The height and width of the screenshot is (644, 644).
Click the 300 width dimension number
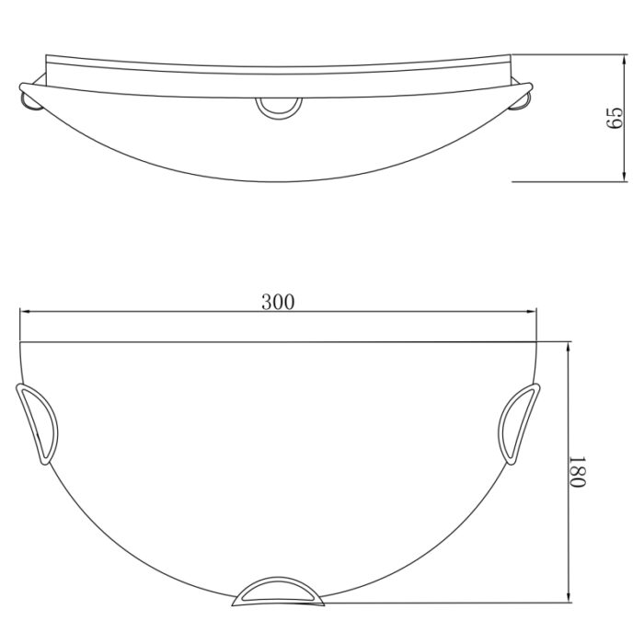point(278,302)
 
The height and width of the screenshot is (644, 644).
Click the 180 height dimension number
point(577,472)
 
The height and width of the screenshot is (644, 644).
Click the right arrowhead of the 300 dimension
point(532,313)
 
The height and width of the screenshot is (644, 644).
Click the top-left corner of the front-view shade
point(21,342)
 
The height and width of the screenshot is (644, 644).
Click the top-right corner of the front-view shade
point(538,342)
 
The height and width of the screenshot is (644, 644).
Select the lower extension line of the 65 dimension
point(570,181)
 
